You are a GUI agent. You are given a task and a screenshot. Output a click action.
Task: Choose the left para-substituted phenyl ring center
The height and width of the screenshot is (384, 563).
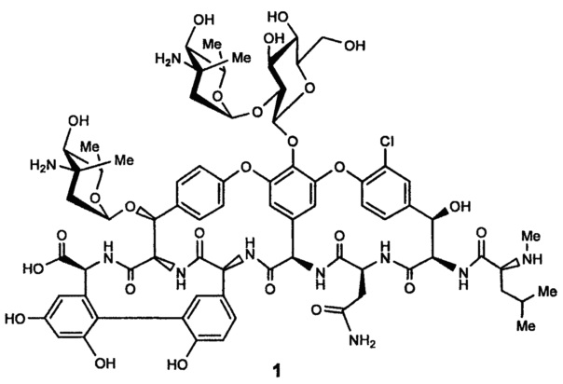(x=193, y=190)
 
